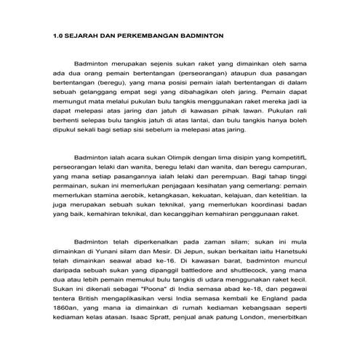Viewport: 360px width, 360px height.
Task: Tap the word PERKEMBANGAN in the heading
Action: click(x=154, y=34)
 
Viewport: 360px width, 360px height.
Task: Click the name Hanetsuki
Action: click(x=288, y=249)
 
